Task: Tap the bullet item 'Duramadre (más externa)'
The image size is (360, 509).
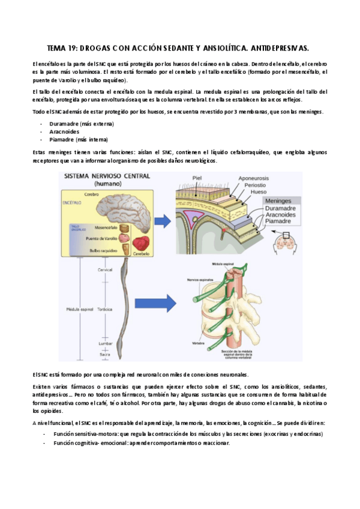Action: (82, 124)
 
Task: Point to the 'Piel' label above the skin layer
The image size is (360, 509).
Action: (197, 178)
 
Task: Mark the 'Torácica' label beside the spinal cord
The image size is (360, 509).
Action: (105, 309)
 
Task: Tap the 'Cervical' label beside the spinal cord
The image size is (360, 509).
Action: (105, 270)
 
